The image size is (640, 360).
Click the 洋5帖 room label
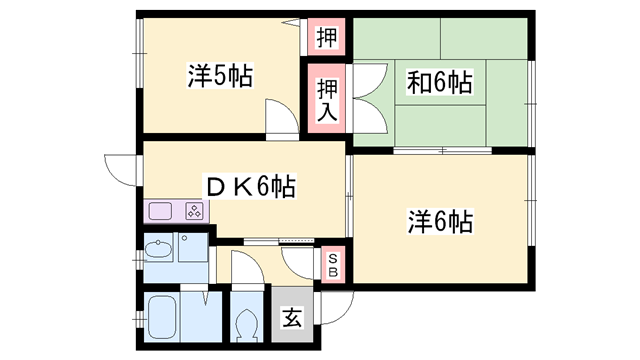(x=219, y=75)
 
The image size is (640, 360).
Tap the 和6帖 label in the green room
(x=439, y=82)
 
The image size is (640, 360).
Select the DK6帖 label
(x=250, y=187)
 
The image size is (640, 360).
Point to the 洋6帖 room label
(x=439, y=220)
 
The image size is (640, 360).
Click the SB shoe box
(x=333, y=262)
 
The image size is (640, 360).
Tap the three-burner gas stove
(x=194, y=211)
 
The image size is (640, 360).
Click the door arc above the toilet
(x=244, y=270)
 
